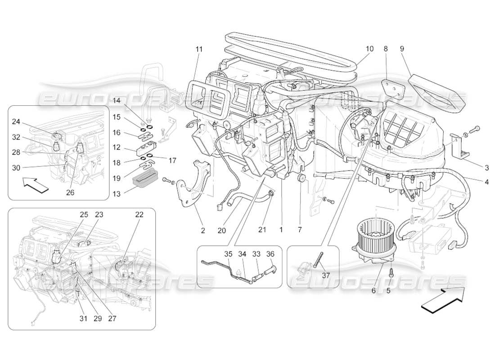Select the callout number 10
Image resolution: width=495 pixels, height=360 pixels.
click(369, 48)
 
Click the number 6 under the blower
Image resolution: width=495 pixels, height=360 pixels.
click(373, 291)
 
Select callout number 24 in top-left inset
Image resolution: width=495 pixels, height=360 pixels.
click(16, 121)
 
